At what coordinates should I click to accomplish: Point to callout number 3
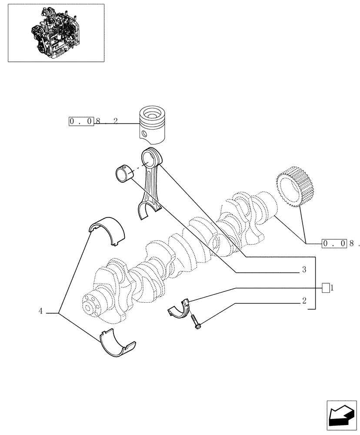point(304,270)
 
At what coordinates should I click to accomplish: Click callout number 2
point(304,301)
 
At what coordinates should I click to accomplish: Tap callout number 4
point(40,311)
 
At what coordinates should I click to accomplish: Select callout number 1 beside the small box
point(332,288)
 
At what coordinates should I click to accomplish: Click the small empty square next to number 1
point(325,288)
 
